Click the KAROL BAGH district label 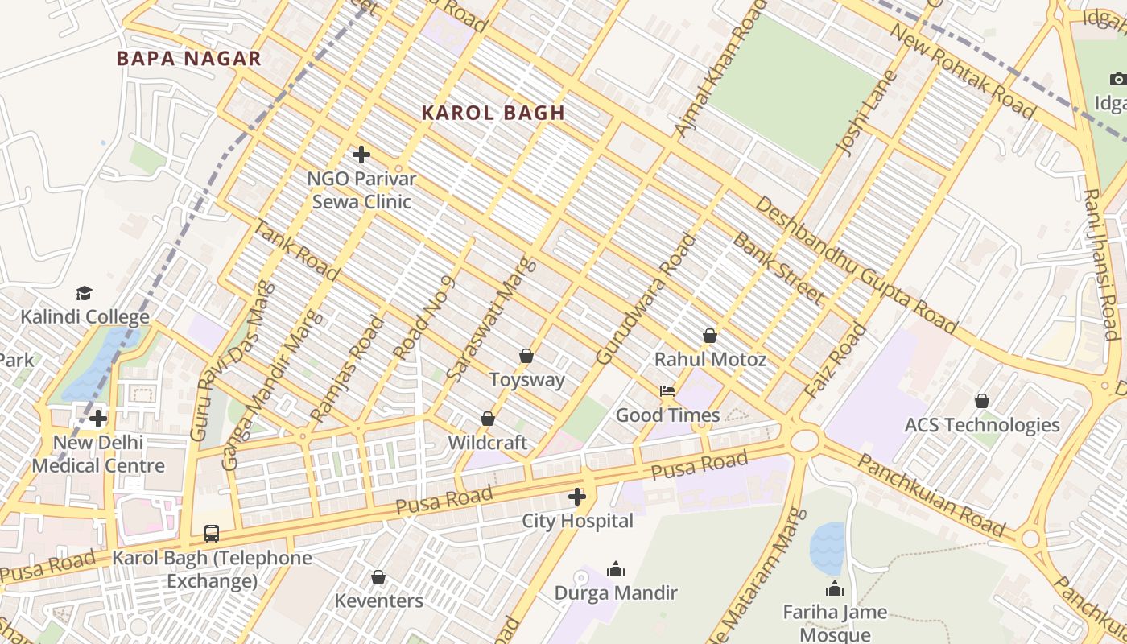493,114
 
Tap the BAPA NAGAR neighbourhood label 189,59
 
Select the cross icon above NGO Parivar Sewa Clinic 361,155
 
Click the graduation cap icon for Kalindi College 85,293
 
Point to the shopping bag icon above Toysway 526,356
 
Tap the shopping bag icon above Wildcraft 487,419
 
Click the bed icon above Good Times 667,391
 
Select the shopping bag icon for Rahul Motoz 709,336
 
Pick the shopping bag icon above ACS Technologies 981,401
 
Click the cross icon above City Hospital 577,497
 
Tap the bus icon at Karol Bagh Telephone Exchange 211,534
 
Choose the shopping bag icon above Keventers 378,577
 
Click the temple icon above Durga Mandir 616,570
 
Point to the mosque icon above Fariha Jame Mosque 835,589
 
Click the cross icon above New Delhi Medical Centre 98,419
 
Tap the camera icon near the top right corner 1117,79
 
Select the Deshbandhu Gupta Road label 856,266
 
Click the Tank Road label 295,249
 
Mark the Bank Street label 778,270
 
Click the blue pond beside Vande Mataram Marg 827,547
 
